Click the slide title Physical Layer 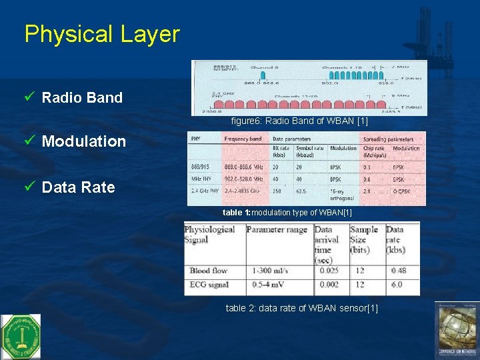click(102, 34)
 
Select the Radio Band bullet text click(82, 97)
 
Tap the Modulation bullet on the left click(83, 141)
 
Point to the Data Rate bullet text click(78, 187)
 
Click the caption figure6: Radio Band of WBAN click(299, 121)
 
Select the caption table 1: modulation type click(287, 212)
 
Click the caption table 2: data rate click(301, 308)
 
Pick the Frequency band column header click(243, 139)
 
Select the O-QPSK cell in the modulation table click(404, 191)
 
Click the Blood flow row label click(209, 271)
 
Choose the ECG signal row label click(209, 285)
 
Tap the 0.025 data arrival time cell click(329, 271)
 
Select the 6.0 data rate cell click(396, 285)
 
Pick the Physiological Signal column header click(209, 234)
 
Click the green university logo click(20, 337)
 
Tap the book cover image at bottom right click(457, 331)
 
